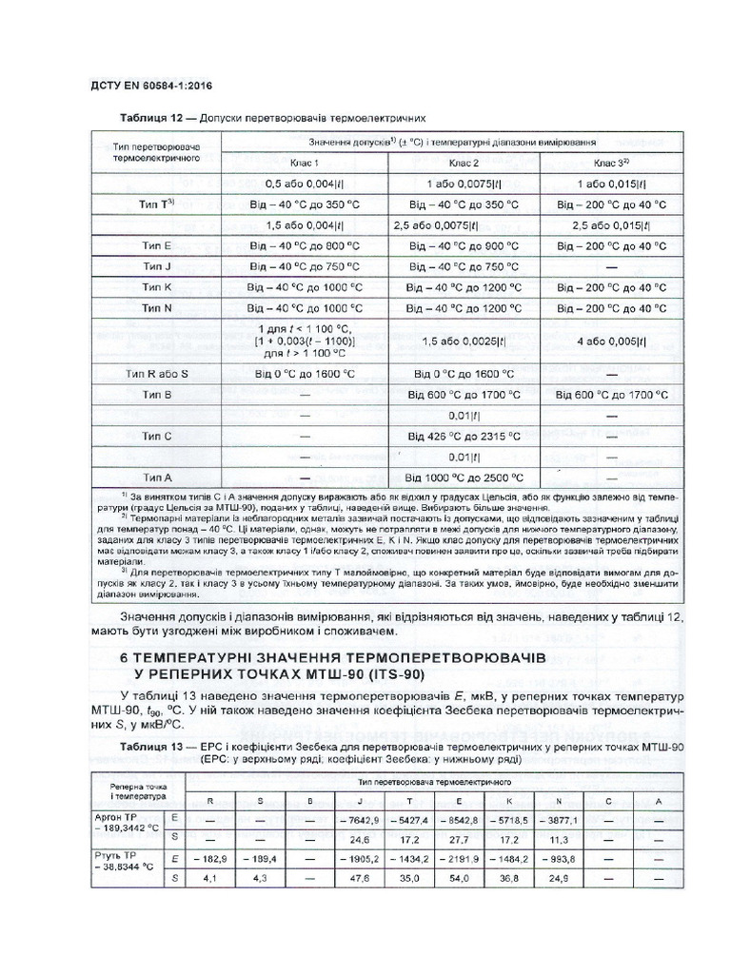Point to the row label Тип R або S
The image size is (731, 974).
(156, 374)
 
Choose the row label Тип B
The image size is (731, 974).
(156, 394)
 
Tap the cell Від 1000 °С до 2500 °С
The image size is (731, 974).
(464, 477)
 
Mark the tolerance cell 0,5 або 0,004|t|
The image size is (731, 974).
(305, 183)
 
